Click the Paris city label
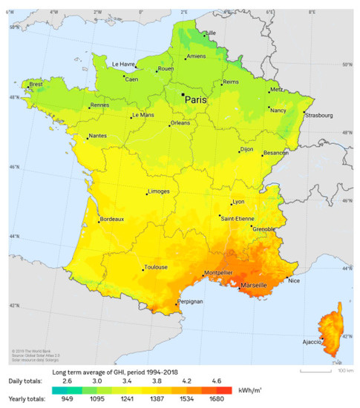pos(196,98)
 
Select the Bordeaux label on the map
pos(111,220)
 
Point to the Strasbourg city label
pos(318,115)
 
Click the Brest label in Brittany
pos(36,85)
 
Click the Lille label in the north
pos(210,33)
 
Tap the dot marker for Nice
pos(287,278)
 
